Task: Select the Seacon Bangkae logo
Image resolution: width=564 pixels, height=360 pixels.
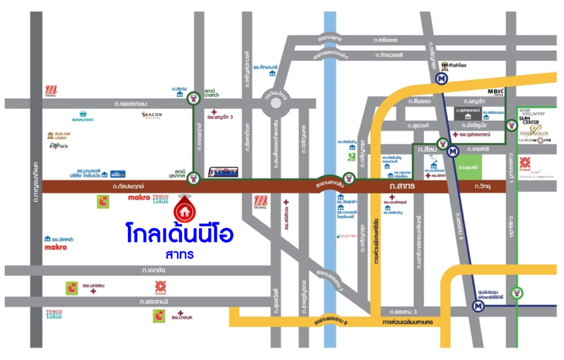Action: click(152, 115)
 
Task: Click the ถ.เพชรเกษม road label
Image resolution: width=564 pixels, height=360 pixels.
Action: click(117, 104)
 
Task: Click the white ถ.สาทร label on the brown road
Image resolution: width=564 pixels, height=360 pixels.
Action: click(402, 187)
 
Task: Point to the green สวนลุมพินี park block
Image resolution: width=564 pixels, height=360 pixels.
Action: click(469, 167)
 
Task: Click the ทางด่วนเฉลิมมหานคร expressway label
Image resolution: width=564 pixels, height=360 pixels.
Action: click(408, 322)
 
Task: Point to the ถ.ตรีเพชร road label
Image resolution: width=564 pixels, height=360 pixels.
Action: click(385, 40)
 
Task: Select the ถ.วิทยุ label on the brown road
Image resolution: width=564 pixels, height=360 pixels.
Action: click(482, 187)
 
